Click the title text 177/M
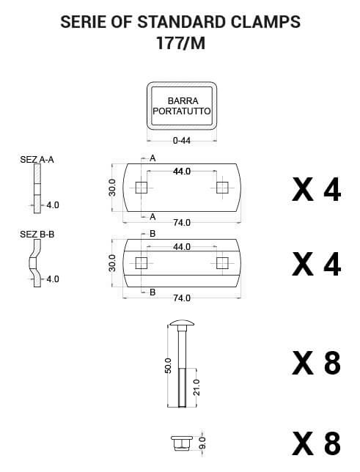point(181,43)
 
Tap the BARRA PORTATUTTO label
point(182,106)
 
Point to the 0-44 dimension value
point(182,140)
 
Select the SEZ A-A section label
point(37,159)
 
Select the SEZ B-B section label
point(37,234)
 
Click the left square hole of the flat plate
point(141,188)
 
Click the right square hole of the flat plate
point(222,188)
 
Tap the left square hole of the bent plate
point(141,263)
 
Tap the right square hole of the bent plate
point(222,263)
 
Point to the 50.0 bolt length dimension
point(168,366)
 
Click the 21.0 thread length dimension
point(196,387)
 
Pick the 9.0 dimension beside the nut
point(202,443)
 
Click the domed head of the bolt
point(182,324)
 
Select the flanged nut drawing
point(182,443)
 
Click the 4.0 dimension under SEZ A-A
point(52,205)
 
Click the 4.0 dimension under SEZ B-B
point(52,279)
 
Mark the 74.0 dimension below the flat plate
point(182,223)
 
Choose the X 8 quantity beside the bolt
point(316,363)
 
